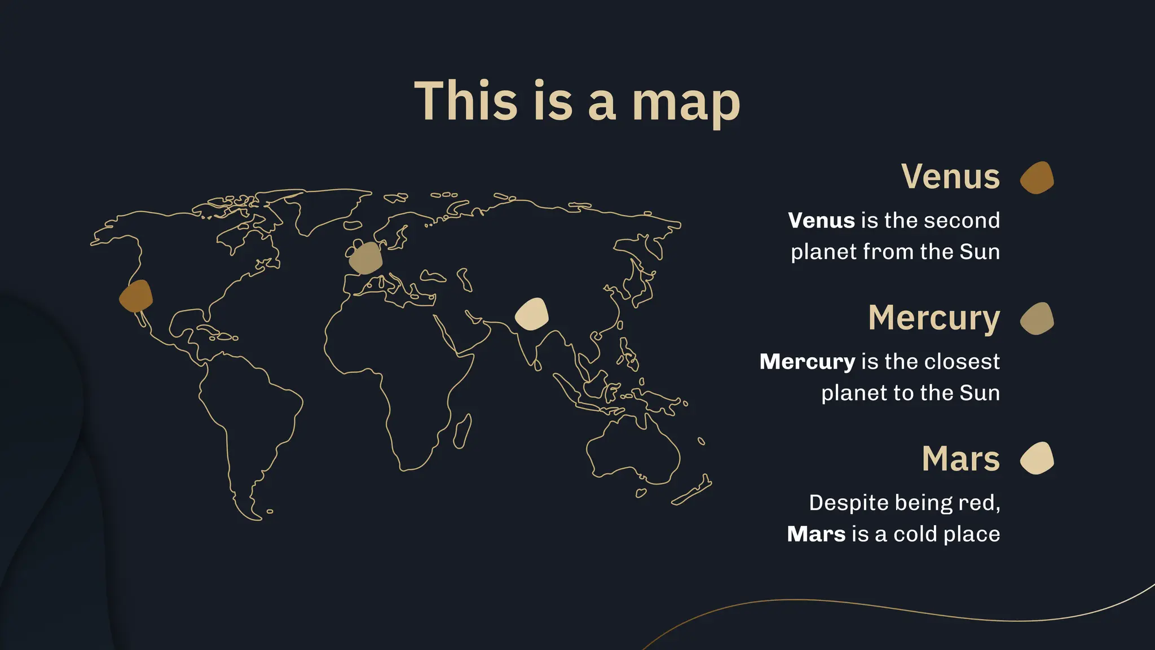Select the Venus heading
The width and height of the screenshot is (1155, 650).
(x=950, y=177)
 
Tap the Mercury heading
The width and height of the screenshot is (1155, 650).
(x=933, y=318)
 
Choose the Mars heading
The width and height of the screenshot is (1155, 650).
(x=960, y=459)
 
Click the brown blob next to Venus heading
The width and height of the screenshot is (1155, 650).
(x=1037, y=178)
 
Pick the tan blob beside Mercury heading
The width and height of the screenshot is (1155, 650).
(x=1037, y=319)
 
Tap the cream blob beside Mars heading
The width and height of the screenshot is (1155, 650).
(x=1037, y=458)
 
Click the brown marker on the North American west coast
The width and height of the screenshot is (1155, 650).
(x=136, y=296)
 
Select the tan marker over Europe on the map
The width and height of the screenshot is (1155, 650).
(x=365, y=258)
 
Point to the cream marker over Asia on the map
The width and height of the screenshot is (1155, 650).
(x=532, y=314)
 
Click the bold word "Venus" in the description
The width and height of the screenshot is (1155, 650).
(x=821, y=221)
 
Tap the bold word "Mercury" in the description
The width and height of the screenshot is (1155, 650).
(x=807, y=362)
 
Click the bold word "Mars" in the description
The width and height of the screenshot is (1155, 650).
(x=816, y=534)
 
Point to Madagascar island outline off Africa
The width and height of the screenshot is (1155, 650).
(x=462, y=432)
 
